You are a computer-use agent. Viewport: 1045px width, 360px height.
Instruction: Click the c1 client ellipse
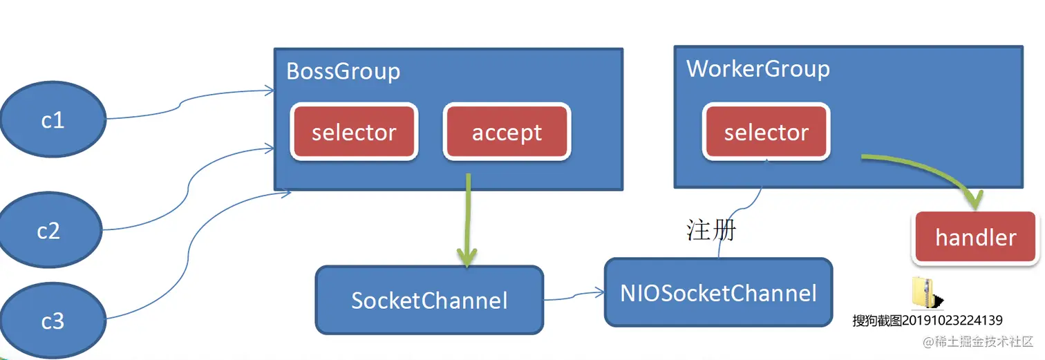[x=53, y=120]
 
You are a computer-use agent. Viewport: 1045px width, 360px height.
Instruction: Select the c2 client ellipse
[x=48, y=230]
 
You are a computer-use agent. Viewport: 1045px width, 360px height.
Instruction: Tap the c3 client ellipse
[x=53, y=321]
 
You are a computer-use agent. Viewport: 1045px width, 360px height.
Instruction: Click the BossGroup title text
[x=343, y=71]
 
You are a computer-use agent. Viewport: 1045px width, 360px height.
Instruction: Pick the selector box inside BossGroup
[x=354, y=132]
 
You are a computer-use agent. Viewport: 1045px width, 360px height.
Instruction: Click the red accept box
[x=507, y=132]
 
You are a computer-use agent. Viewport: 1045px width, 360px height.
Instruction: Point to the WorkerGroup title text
[x=757, y=69]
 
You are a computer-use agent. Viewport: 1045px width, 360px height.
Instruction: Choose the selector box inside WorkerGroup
[x=766, y=132]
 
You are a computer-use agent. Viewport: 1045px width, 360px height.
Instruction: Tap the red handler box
[x=975, y=238]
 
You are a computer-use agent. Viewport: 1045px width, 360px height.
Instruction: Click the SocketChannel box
[x=429, y=300]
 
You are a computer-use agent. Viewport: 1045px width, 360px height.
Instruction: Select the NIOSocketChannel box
[x=718, y=292]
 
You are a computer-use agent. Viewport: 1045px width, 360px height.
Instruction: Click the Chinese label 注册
[x=711, y=230]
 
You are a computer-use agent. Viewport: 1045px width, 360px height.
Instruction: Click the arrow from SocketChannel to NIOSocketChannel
[x=574, y=296]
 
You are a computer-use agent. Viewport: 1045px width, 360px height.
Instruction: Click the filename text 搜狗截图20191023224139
[x=927, y=321]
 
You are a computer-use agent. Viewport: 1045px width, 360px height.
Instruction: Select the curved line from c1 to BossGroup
[x=183, y=104]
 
